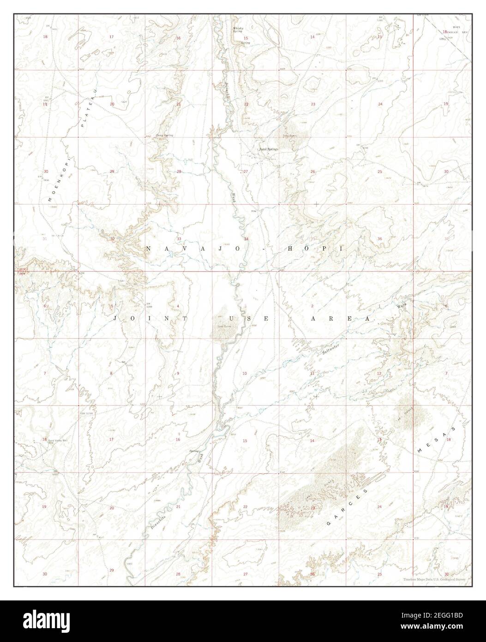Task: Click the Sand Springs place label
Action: (x=268, y=150)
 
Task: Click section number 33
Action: (x=179, y=239)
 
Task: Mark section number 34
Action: (x=246, y=239)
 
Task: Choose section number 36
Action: (x=380, y=239)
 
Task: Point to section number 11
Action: (x=312, y=373)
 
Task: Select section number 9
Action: (x=178, y=373)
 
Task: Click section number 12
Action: (x=379, y=373)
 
